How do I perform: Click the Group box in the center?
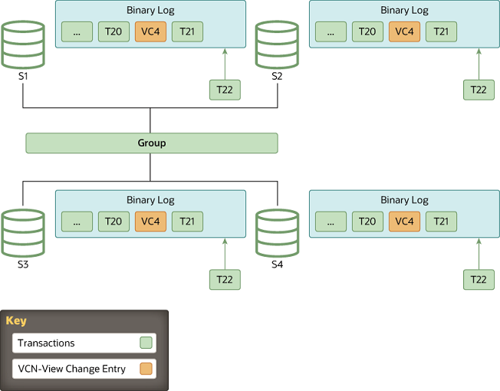click(151, 143)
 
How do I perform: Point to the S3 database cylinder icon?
click(23, 234)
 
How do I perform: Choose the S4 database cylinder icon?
click(277, 234)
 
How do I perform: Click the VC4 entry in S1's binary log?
click(150, 31)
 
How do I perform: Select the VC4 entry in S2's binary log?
click(404, 31)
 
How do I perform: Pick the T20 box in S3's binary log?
click(113, 222)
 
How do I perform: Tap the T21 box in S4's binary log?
click(441, 222)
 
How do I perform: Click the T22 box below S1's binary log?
click(225, 90)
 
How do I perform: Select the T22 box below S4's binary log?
click(479, 279)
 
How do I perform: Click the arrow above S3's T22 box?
click(225, 253)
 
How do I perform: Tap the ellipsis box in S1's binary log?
click(77, 31)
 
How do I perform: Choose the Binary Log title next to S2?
click(404, 11)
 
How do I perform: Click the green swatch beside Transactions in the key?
click(146, 343)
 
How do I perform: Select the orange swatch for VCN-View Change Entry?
click(146, 369)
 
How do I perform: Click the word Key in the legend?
click(16, 321)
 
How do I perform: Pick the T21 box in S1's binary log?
click(187, 31)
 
